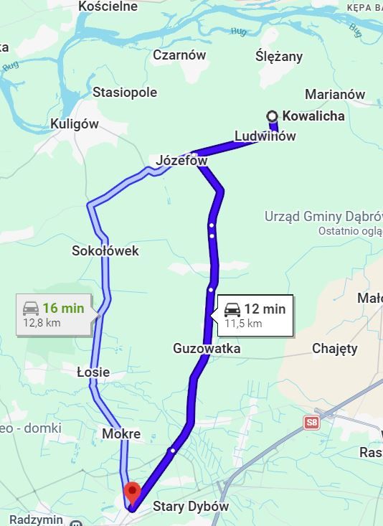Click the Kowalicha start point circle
pos(273,116)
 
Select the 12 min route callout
pos(253,315)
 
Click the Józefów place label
pos(181,161)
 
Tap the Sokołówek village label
pos(105,251)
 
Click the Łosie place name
pos(93,372)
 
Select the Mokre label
pos(120,434)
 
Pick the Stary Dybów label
pos(191,507)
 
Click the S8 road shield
pos(311,423)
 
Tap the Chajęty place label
pos(334,349)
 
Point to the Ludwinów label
pos(265,136)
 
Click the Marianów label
pos(335,95)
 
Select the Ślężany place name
pos(279,57)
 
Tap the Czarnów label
pos(179,55)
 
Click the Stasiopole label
pos(125,93)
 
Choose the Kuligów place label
pos(75,124)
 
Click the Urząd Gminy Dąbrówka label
pos(323,216)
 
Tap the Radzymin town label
pos(37,520)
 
